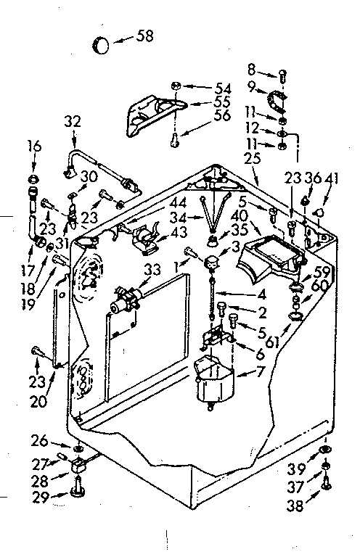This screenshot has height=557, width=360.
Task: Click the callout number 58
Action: click(145, 36)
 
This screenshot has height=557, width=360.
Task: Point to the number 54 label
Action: click(221, 88)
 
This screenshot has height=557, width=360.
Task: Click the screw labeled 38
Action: click(326, 479)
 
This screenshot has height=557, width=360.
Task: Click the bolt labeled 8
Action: click(283, 73)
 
